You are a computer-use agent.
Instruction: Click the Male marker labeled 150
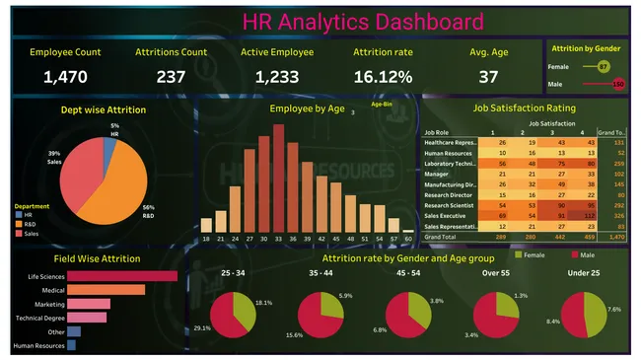(x=617, y=84)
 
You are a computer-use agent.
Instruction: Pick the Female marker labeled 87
(x=604, y=66)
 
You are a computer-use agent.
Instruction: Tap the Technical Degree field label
(x=40, y=318)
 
